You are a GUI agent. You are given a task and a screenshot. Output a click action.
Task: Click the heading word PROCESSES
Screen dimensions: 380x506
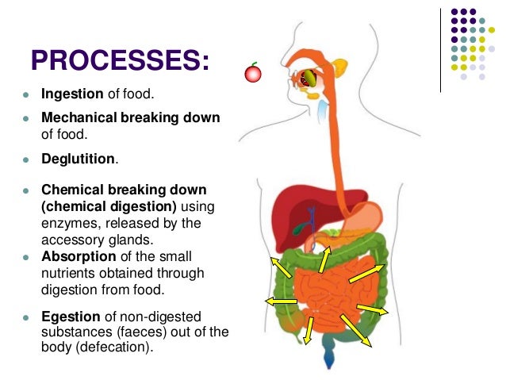(119, 60)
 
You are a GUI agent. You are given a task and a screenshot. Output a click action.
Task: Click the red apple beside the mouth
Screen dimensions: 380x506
(253, 74)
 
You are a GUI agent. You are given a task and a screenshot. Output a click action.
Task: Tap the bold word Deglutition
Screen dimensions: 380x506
(79, 159)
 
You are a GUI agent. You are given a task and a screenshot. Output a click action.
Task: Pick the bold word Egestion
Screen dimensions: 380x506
(71, 317)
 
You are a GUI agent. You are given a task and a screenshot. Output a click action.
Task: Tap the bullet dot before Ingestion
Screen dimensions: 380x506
(25, 96)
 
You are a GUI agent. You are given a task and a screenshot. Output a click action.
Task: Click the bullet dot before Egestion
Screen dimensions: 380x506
(25, 317)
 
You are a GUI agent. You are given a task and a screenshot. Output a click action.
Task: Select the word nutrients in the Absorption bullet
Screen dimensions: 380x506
(67, 273)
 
